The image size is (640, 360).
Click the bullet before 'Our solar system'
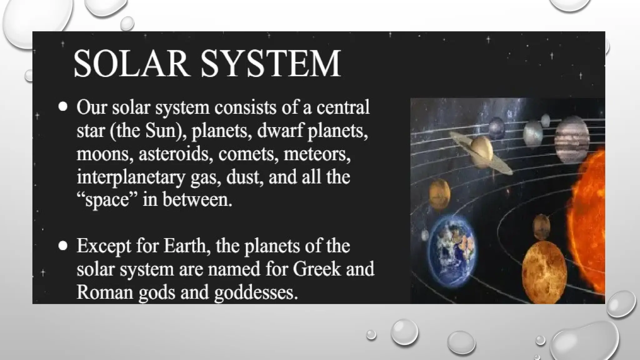pos(63,107)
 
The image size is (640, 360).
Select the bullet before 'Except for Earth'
pos(63,246)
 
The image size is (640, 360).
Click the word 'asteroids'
pos(173,154)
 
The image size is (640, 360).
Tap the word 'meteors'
pos(317,154)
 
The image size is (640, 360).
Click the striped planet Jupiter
pos(572,139)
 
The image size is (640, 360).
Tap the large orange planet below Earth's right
pos(544,271)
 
